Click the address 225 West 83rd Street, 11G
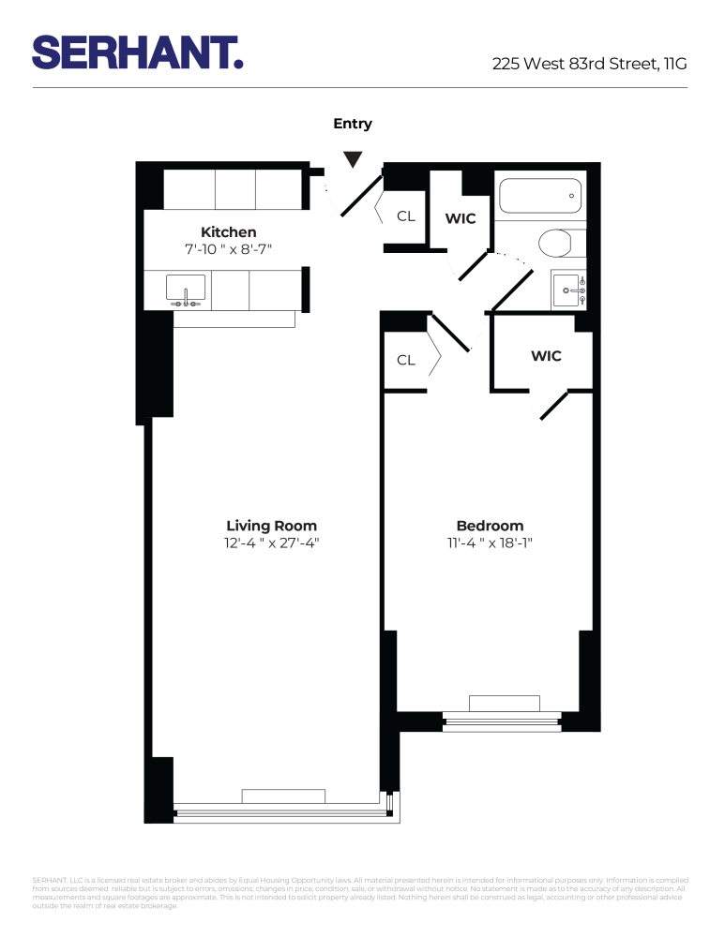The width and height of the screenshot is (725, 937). tap(590, 65)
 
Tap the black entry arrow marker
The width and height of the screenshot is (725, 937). tap(352, 160)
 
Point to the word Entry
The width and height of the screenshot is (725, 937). tap(353, 124)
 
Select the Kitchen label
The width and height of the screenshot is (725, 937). tap(228, 232)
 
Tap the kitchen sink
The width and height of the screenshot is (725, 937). tap(186, 290)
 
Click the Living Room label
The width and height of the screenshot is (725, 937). tap(271, 526)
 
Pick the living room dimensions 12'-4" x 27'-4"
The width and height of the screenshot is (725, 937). tap(271, 543)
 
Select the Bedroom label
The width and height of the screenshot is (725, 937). tap(490, 526)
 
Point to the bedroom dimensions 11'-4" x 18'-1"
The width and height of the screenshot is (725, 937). tap(490, 543)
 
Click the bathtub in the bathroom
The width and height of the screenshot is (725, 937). tap(539, 196)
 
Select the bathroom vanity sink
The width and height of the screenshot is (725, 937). tap(566, 291)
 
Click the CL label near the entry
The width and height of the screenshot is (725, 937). tap(405, 216)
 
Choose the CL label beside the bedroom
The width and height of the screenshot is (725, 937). tap(405, 360)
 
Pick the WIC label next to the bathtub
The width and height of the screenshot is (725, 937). tap(461, 218)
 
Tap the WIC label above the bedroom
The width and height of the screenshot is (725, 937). tap(546, 356)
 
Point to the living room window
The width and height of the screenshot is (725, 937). tap(281, 811)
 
